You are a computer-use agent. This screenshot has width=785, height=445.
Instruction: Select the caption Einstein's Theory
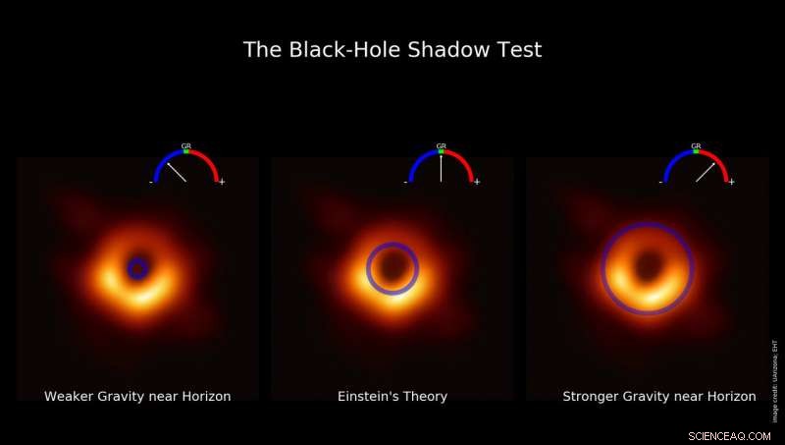pos(392,397)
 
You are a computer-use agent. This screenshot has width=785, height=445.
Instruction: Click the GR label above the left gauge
pos(186,145)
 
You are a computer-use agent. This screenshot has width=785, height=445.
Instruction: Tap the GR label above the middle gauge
pos(441,145)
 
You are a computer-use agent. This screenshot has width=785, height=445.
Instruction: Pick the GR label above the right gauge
pos(696,145)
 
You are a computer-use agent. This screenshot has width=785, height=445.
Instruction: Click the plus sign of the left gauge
pos(222,182)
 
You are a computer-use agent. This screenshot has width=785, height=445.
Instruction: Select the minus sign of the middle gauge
pos(405,182)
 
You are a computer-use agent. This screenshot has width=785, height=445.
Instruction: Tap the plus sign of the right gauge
pos(731,182)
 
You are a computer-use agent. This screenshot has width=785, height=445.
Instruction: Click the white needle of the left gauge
pos(176,172)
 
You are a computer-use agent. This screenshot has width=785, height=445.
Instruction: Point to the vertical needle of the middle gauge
pos(441,168)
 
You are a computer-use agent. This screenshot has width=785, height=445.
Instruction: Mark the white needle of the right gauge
pos(706,172)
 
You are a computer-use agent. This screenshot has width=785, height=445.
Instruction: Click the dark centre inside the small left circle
pos(137,267)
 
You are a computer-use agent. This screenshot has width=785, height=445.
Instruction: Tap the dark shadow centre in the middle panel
pos(392,267)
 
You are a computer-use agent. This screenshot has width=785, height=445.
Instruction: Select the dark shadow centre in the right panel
pos(648,266)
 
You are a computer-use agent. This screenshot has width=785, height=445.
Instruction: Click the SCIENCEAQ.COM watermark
pos(729,434)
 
